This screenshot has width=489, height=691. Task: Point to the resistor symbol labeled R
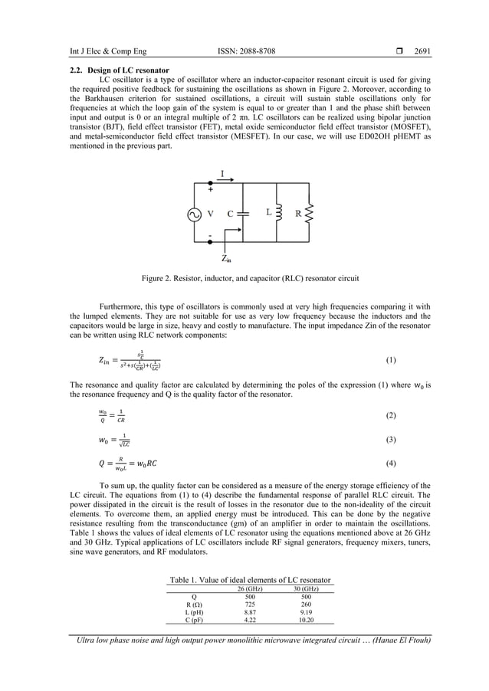[310, 214]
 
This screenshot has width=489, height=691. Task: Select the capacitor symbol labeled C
[243, 214]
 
